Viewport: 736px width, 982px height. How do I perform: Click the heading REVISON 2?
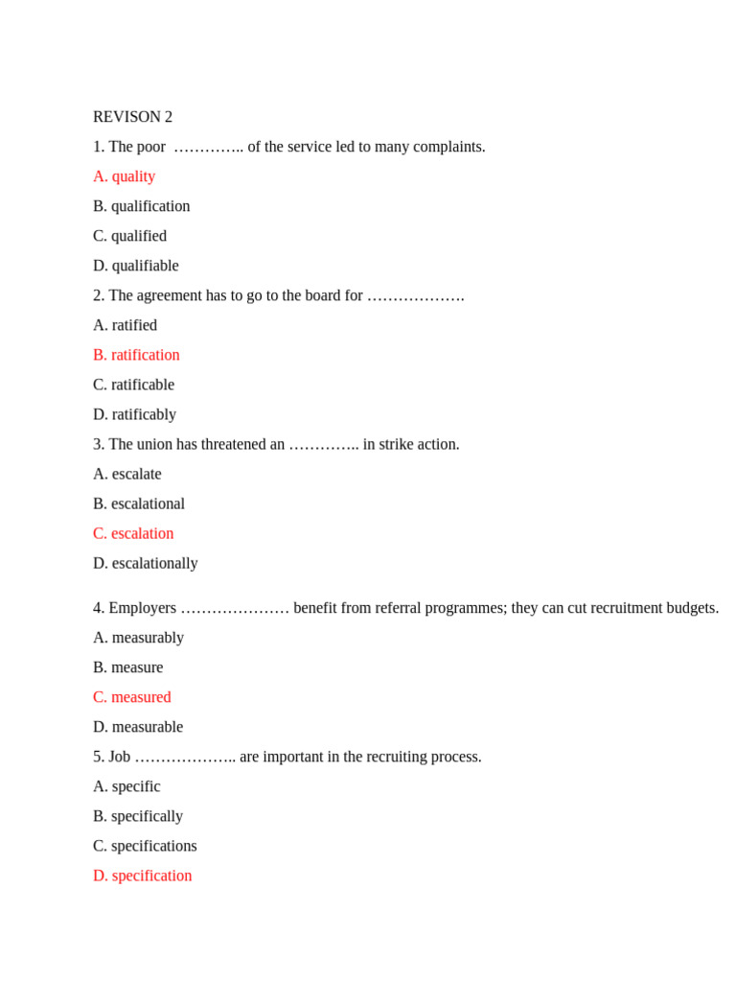pos(132,117)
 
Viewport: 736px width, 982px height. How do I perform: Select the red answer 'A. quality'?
pos(124,176)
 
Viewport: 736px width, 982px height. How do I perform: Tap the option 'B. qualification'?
pos(141,206)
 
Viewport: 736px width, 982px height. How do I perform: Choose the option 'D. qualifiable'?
pos(135,266)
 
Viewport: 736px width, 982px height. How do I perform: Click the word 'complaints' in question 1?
pos(450,147)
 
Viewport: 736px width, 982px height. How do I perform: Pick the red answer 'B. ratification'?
pos(136,355)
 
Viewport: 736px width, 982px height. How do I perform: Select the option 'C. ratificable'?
pos(133,385)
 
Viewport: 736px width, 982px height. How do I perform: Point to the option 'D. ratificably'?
pos(134,414)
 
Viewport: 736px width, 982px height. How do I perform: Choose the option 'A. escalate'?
pos(126,474)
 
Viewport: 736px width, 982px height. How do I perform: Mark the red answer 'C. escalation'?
pos(133,533)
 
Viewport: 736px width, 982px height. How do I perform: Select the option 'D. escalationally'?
pos(145,563)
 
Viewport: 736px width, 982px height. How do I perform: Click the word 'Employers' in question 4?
pos(142,608)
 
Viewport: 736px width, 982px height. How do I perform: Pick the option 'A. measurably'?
pos(138,638)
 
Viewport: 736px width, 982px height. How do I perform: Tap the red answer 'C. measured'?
pos(131,697)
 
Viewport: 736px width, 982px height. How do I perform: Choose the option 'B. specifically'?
pos(137,816)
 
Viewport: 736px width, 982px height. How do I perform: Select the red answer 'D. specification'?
pos(142,876)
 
